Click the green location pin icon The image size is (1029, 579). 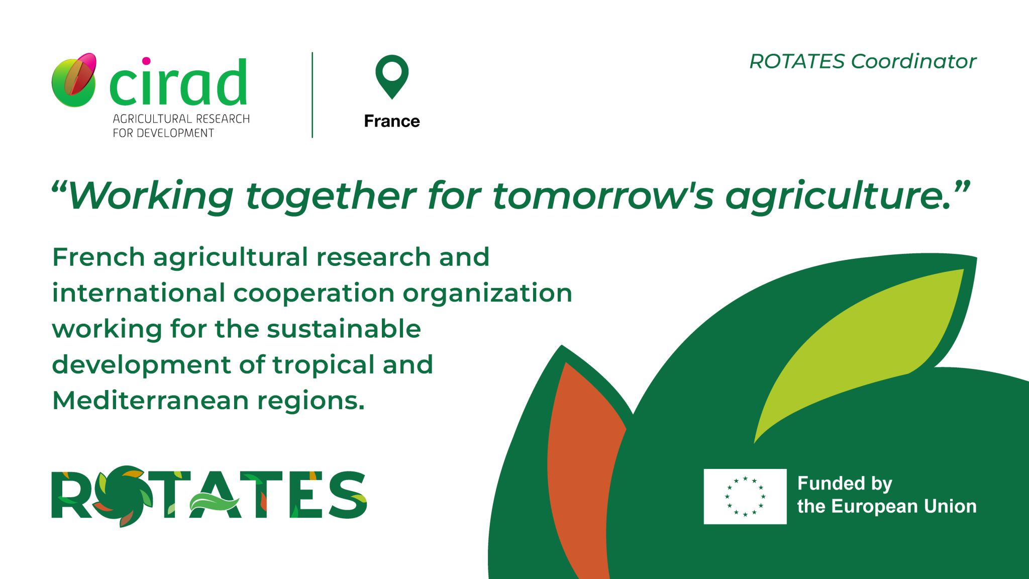pyautogui.click(x=392, y=75)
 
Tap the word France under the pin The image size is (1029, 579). pyautogui.click(x=392, y=121)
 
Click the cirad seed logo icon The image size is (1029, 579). pyautogui.click(x=74, y=80)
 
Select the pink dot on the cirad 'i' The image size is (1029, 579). pyautogui.click(x=146, y=61)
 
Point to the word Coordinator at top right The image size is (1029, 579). pyautogui.click(x=913, y=61)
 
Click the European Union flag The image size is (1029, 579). pyautogui.click(x=745, y=496)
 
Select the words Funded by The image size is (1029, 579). pyautogui.click(x=845, y=484)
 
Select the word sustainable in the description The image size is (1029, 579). pyautogui.click(x=344, y=329)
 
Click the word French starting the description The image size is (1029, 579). pyautogui.click(x=98, y=257)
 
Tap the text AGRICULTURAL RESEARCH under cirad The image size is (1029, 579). pyautogui.click(x=181, y=119)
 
